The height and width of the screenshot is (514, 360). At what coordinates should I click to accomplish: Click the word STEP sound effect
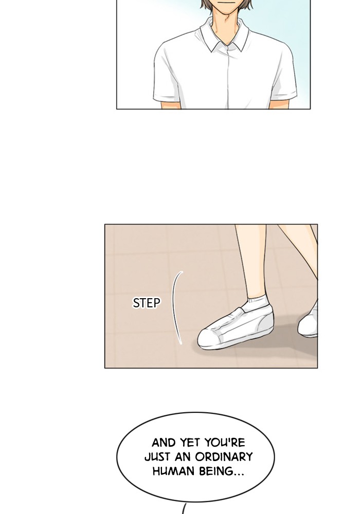(147, 303)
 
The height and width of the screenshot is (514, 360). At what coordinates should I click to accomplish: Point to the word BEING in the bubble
(222, 471)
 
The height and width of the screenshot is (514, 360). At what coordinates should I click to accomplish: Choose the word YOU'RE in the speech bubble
(225, 443)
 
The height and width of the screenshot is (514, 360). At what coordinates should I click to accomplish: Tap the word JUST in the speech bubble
(157, 456)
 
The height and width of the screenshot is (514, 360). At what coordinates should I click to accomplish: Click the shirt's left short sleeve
(167, 76)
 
